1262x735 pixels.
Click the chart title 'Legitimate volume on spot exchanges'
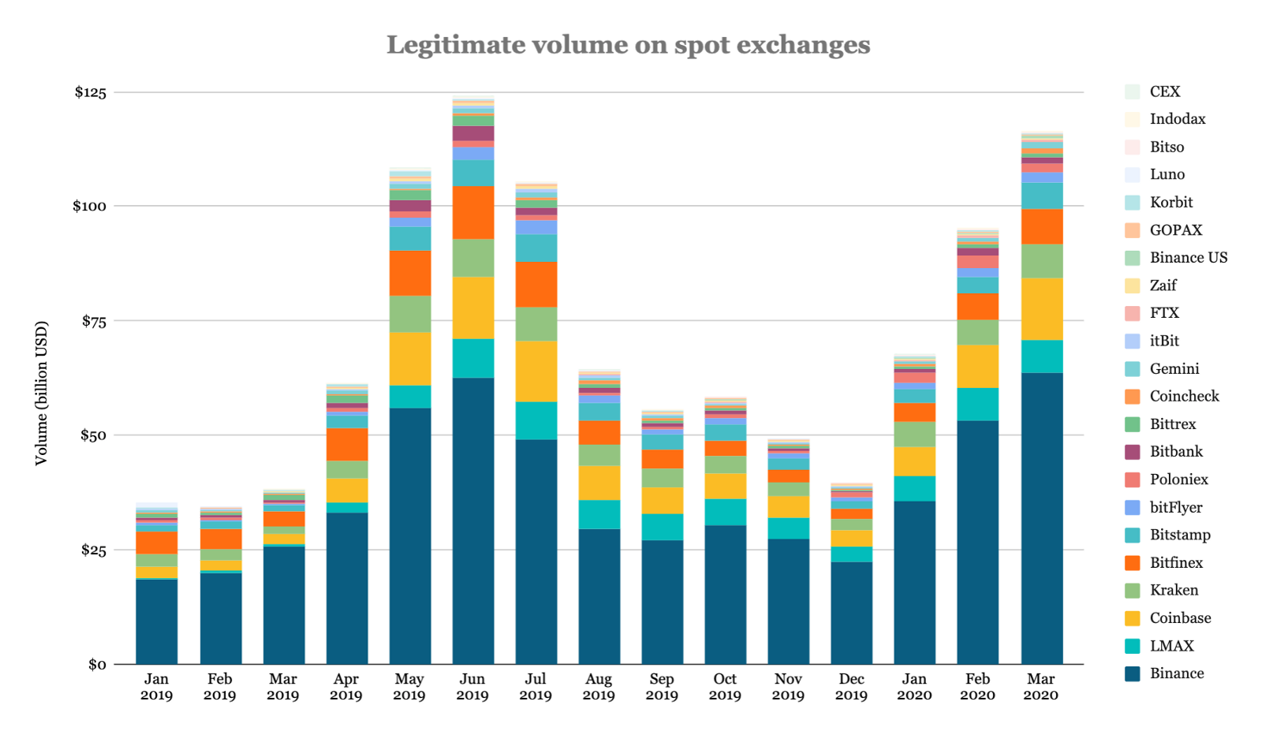pyautogui.click(x=628, y=45)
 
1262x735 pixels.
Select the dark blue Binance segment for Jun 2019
pyautogui.click(x=472, y=520)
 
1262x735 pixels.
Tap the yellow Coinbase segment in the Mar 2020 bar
pyautogui.click(x=1041, y=309)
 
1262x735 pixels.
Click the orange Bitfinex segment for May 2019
pyautogui.click(x=410, y=273)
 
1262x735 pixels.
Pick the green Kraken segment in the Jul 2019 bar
pyautogui.click(x=536, y=323)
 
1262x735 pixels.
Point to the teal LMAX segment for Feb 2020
pyautogui.click(x=977, y=404)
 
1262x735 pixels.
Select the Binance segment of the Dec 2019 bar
pyautogui.click(x=851, y=613)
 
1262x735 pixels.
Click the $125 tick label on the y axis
pyautogui.click(x=90, y=92)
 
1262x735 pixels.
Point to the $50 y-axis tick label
pyautogui.click(x=92, y=435)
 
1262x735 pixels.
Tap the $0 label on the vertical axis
pyautogui.click(x=97, y=665)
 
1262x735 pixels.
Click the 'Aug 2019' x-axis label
pyautogui.click(x=599, y=687)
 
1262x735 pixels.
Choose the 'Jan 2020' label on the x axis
pyautogui.click(x=914, y=687)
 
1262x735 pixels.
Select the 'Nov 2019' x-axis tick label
pyautogui.click(x=788, y=687)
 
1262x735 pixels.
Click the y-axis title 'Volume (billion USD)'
pyautogui.click(x=42, y=393)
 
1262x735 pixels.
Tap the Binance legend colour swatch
pyautogui.click(x=1133, y=673)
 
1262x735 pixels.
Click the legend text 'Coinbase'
pyautogui.click(x=1180, y=618)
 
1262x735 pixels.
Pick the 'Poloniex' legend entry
pyautogui.click(x=1178, y=479)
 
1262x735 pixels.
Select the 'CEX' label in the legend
pyautogui.click(x=1165, y=91)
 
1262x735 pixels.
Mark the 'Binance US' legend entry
pyautogui.click(x=1188, y=258)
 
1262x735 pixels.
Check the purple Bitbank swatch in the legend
pyautogui.click(x=1133, y=452)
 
